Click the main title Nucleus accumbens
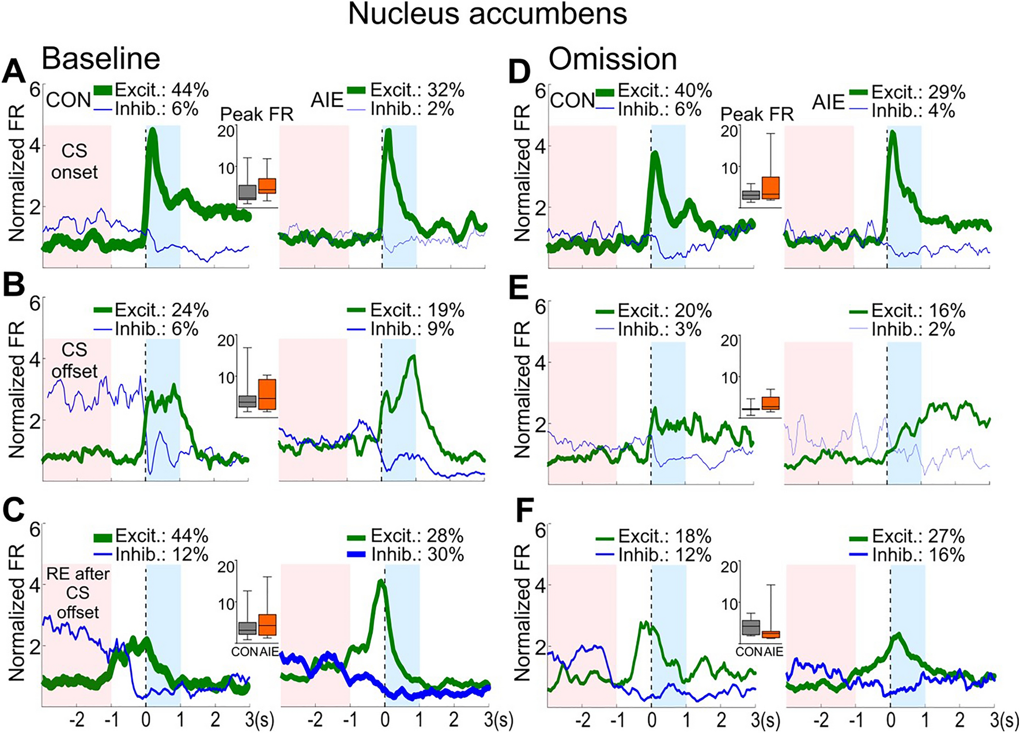click(487, 14)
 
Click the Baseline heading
click(101, 59)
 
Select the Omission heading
click(612, 59)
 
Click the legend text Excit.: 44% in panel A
click(161, 90)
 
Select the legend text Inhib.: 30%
click(417, 555)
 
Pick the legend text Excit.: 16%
click(918, 311)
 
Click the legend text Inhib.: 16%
click(918, 555)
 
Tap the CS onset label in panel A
click(74, 161)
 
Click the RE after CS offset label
click(78, 593)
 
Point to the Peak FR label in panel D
click(757, 115)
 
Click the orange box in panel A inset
click(267, 186)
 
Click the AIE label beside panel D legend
click(828, 102)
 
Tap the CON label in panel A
click(69, 100)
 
